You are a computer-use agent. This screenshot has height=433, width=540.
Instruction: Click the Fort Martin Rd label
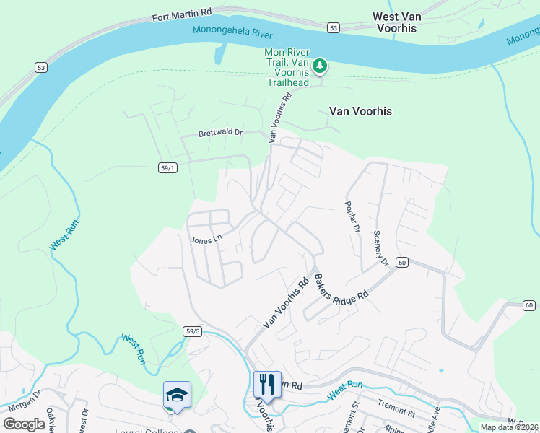point(180,12)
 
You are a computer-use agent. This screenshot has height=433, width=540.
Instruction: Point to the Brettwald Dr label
point(220,134)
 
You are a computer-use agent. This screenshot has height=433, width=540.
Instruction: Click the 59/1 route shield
point(167,167)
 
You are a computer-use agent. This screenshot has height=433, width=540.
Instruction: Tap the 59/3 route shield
point(192,331)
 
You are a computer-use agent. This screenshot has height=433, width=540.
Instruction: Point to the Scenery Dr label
point(379,248)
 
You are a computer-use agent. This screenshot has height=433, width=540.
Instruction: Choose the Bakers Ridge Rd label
point(341,286)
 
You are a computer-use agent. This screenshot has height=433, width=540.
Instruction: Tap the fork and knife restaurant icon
point(267,384)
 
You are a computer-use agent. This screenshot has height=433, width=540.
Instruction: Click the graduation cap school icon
point(177,395)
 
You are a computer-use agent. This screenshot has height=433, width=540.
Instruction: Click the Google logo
point(25,424)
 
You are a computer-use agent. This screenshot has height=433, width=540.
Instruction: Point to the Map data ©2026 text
point(509,427)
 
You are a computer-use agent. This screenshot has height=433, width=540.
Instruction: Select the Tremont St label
point(396,413)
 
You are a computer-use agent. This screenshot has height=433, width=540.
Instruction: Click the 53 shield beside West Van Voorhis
point(333,27)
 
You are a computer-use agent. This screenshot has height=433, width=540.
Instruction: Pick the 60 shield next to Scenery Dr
point(402,262)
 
